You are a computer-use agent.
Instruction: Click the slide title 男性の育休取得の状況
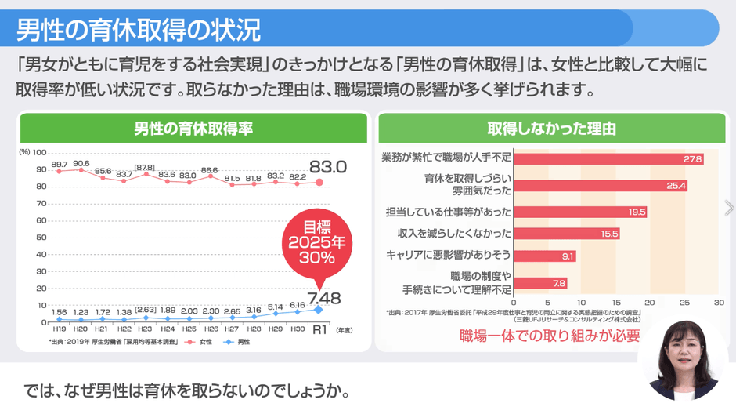pyautogui.click(x=139, y=29)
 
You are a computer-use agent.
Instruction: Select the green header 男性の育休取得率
pyautogui.click(x=193, y=128)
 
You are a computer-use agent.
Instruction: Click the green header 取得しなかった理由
pyautogui.click(x=552, y=128)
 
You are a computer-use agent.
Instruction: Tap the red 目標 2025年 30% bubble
pyautogui.click(x=317, y=243)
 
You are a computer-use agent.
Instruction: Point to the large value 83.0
pyautogui.click(x=327, y=166)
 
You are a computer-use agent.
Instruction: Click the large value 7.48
pyautogui.click(x=323, y=297)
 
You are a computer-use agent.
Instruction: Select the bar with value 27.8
pyautogui.click(x=608, y=159)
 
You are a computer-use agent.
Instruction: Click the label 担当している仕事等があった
pyautogui.click(x=449, y=212)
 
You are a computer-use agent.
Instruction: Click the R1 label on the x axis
pyautogui.click(x=319, y=330)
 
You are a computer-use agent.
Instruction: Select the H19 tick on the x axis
pyautogui.click(x=59, y=330)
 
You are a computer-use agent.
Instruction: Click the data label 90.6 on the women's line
pyautogui.click(x=81, y=163)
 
